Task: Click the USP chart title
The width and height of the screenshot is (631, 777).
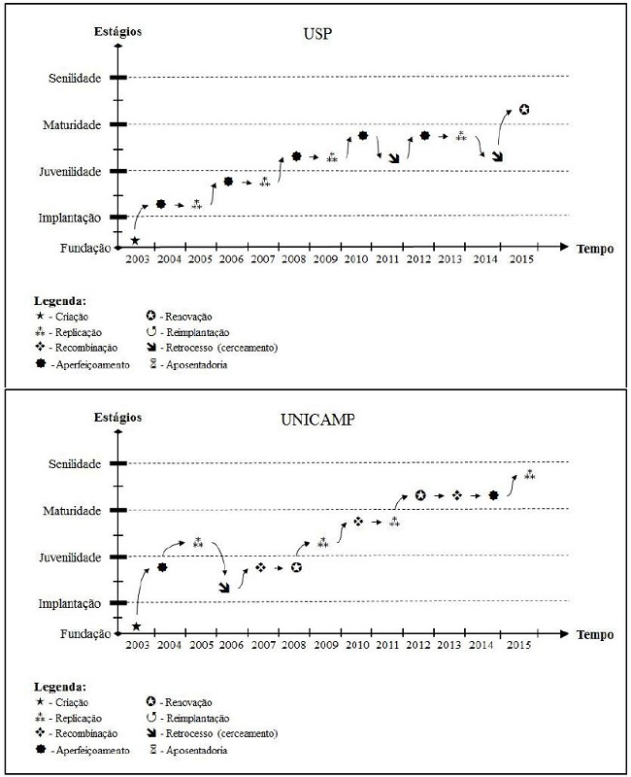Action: (x=315, y=36)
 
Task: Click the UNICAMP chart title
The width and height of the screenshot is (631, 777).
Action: (x=315, y=422)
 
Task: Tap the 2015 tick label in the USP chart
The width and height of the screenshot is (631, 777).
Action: (x=520, y=259)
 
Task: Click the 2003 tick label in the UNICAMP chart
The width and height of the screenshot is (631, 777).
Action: (x=137, y=645)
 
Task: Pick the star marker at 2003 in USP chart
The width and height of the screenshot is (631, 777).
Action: (x=135, y=240)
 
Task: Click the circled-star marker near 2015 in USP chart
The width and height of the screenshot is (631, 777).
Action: (x=524, y=109)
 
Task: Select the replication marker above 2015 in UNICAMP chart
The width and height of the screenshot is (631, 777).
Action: (x=529, y=475)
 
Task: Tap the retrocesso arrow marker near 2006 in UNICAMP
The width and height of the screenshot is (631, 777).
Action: (x=224, y=586)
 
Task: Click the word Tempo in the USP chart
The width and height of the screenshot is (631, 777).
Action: (x=594, y=249)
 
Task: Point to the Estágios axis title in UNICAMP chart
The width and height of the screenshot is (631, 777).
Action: (x=117, y=417)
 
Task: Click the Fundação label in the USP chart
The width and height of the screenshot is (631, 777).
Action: (x=84, y=249)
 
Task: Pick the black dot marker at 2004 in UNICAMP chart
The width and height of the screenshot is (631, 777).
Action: (x=162, y=567)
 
